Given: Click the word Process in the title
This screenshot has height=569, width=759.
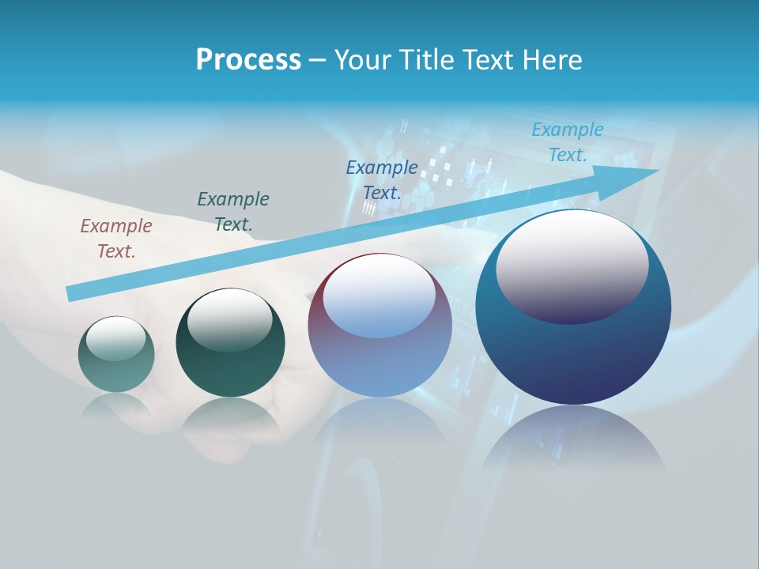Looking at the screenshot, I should (x=248, y=59).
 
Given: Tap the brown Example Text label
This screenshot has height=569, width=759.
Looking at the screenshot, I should (x=116, y=239).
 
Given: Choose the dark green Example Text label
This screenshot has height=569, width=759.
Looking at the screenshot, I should (x=233, y=212).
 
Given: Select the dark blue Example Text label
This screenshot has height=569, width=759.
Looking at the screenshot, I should (x=382, y=180).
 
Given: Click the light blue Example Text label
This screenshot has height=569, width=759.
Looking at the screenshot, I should (x=567, y=142).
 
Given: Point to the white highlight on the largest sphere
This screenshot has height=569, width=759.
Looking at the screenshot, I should (x=572, y=265).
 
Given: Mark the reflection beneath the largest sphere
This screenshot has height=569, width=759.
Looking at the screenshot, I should (x=573, y=439).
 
